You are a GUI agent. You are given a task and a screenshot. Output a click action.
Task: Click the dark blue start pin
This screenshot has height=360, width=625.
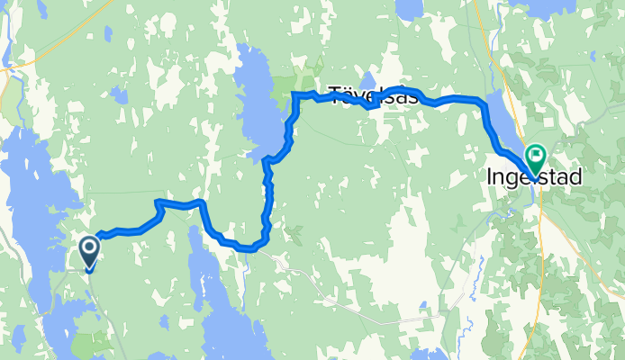tap(90, 251)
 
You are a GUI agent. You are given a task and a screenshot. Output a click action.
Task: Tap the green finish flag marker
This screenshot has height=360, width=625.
tap(535, 159)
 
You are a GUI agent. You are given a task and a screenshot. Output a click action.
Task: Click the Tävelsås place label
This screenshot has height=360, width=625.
tap(374, 96)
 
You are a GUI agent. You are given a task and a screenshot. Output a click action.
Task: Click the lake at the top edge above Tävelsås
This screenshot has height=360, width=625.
tap(410, 9)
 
